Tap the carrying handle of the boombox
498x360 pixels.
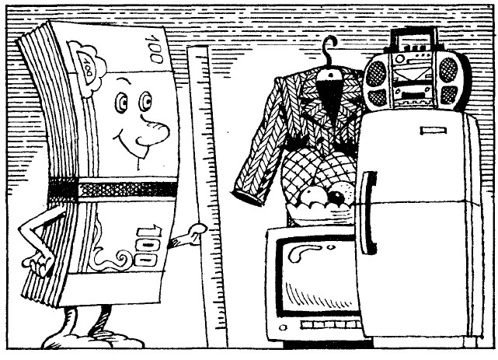pos(412,35)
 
